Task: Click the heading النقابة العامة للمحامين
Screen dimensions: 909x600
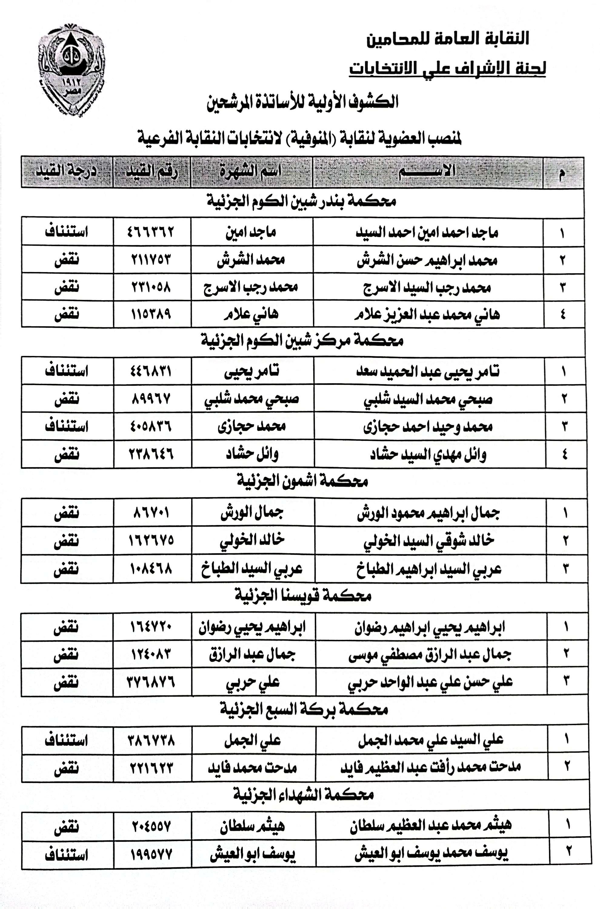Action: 447,39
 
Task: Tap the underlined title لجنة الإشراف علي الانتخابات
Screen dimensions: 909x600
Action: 447,68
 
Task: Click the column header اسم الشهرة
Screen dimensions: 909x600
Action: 251,171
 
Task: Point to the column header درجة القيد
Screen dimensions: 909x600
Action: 66,171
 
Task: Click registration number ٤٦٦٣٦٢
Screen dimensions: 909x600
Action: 151,232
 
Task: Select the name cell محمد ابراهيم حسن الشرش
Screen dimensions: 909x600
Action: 427,261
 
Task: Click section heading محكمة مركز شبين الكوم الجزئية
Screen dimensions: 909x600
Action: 302,341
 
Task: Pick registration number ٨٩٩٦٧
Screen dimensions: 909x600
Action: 151,399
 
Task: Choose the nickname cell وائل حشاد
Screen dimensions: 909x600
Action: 252,454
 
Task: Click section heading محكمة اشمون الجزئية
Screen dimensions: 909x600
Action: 302,481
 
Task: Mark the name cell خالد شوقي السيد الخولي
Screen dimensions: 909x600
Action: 428,541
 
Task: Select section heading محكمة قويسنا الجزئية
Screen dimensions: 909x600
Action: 303,595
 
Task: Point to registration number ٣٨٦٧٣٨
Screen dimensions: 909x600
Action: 151,741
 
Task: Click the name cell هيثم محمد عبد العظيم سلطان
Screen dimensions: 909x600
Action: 431,826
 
